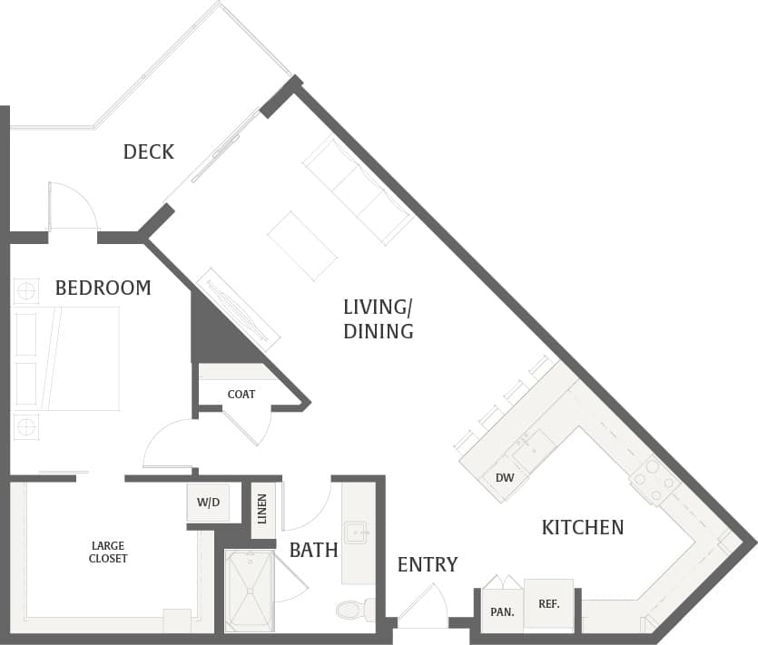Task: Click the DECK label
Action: coord(148,151)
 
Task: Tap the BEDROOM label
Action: coord(103,288)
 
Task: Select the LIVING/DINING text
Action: coord(378,318)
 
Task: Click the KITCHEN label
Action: coord(582,527)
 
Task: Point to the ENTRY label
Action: coord(427,564)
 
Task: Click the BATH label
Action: coord(313,550)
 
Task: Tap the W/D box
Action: coord(208,502)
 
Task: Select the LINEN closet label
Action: coord(263,509)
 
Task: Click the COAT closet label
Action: coord(241,394)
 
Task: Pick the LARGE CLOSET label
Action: coord(109,552)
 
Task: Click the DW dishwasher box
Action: coord(504,477)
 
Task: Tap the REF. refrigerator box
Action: coord(548,603)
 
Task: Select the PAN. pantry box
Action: coord(502,611)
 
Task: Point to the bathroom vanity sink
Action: coord(355,532)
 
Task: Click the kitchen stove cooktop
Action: coord(654,480)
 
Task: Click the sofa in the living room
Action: coord(359,191)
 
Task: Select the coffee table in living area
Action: coord(302,245)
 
